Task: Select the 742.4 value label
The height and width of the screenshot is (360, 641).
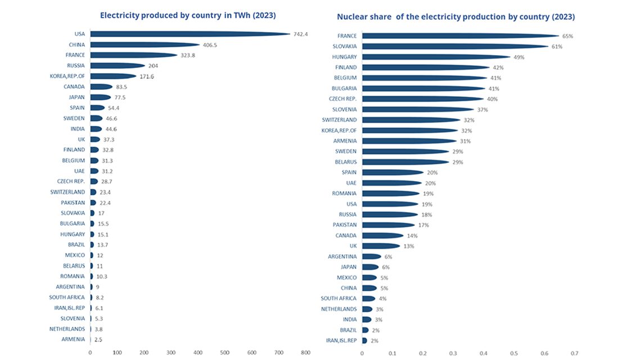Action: (301, 34)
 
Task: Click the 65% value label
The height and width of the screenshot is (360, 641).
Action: (568, 36)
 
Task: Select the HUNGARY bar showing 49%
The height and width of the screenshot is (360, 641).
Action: (436, 57)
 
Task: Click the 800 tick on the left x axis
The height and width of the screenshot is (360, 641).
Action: (305, 353)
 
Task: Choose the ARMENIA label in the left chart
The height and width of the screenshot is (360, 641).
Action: (73, 339)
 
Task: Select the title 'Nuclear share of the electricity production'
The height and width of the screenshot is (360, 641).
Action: (455, 17)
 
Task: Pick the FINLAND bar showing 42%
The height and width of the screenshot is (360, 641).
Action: (425, 67)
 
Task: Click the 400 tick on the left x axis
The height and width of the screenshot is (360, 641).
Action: (198, 353)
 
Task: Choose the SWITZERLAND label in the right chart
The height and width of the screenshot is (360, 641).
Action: (339, 120)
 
